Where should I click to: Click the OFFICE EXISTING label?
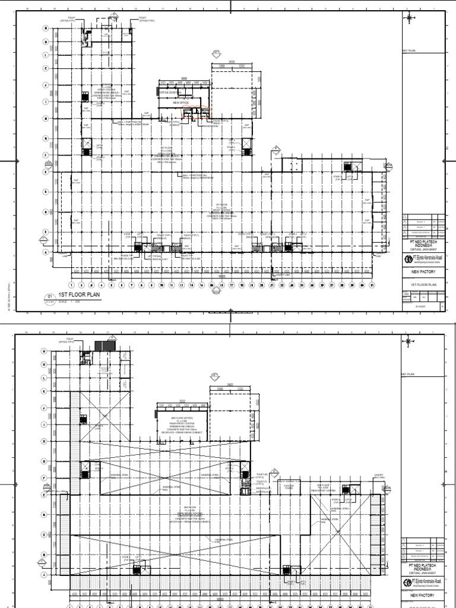170,93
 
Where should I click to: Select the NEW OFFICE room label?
180,102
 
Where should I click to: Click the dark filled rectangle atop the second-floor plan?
106,346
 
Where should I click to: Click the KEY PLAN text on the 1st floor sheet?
410,51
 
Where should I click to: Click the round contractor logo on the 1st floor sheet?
407,259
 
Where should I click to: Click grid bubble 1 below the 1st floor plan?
71,285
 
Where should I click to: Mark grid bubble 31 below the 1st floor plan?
372,285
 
